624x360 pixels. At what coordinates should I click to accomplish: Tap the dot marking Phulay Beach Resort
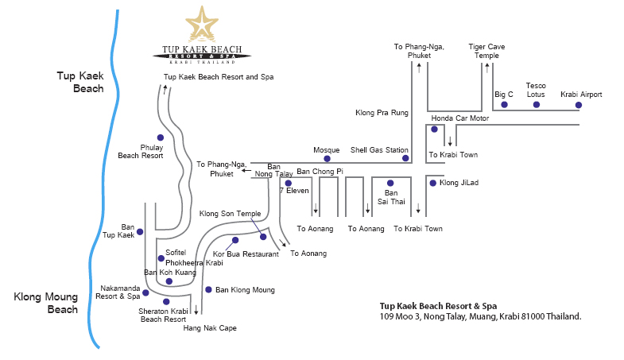161,137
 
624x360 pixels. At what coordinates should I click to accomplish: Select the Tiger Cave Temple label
483,52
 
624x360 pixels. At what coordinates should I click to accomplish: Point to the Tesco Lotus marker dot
537,104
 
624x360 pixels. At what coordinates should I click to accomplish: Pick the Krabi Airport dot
581,104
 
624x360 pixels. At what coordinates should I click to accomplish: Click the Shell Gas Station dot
405,158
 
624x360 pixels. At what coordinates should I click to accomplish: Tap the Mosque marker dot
327,159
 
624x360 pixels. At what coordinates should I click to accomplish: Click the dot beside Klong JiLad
432,183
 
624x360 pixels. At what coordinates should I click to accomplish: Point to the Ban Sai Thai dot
390,183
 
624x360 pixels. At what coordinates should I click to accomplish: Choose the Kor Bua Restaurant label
246,254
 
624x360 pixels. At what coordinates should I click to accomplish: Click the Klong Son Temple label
231,214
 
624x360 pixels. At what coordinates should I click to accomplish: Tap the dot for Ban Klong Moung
208,289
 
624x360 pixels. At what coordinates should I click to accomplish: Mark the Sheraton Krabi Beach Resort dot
166,302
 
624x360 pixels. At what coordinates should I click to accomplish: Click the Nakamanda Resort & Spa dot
148,291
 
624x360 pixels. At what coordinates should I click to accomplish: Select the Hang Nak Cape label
210,327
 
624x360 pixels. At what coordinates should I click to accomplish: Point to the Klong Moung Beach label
45,304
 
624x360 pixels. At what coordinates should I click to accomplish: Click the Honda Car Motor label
460,118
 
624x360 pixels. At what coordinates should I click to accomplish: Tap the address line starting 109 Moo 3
480,316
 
